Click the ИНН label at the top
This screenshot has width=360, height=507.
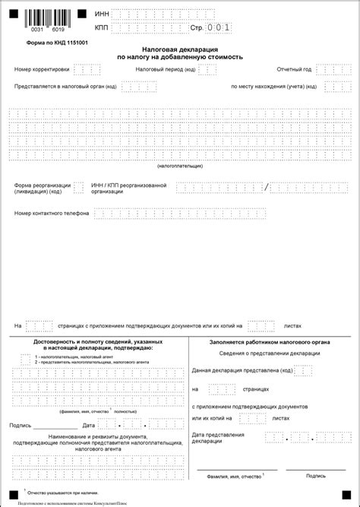(102, 14)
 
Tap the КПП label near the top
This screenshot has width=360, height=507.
(102, 27)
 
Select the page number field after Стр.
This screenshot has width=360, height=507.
(219, 27)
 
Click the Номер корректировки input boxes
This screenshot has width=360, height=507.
(87, 69)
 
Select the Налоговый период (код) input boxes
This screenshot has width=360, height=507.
(207, 69)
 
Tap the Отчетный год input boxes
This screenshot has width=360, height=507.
(332, 69)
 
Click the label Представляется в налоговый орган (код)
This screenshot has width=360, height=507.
(65, 87)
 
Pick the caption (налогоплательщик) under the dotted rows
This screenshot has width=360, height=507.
(180, 165)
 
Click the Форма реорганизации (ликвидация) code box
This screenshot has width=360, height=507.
(78, 187)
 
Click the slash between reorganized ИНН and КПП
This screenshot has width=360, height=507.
(267, 187)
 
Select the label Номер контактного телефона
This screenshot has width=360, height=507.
(51, 213)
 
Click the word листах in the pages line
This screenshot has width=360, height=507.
(292, 325)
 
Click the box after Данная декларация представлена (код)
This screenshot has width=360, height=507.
(303, 370)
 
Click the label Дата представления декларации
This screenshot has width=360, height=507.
(218, 438)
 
